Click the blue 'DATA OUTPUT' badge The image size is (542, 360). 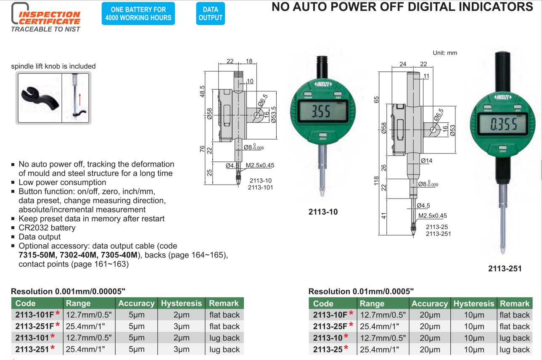pos(210,13)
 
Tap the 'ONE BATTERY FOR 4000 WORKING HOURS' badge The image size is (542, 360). pos(138,13)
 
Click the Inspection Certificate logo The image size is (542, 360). pos(46,17)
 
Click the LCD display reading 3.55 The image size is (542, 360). pos(323,111)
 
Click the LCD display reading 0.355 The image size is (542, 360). pos(502,124)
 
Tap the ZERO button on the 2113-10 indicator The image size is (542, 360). pos(323,135)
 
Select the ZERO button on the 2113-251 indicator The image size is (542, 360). pos(502,148)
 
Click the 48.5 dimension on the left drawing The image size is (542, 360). pos(202,91)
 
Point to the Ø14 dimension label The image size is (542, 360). pos(426,161)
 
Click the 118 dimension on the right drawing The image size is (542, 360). pos(376,181)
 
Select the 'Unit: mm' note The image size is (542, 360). pos(445,53)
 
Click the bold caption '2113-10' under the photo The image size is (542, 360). pos(323,212)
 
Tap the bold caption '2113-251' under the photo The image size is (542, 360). pos(505,269)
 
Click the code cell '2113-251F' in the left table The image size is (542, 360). pos(34,326)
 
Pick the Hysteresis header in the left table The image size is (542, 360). pos(181,303)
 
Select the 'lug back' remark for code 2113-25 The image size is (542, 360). pos(515,349)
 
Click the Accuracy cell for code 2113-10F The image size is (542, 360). pos(430,315)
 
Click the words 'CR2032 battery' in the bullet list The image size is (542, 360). pos(47,228)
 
